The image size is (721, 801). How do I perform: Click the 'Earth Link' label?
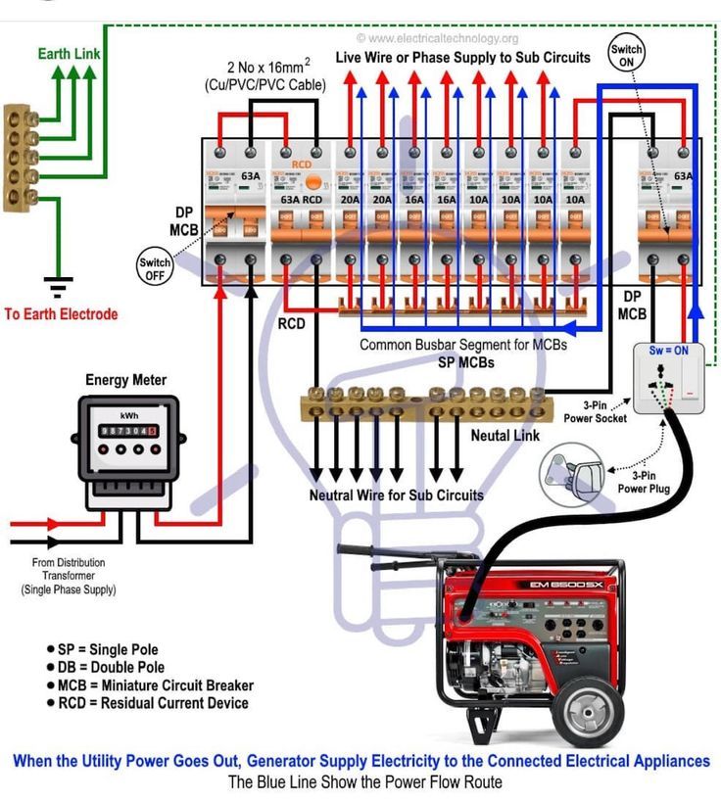[x=69, y=53]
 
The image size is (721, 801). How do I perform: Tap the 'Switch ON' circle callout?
[x=626, y=55]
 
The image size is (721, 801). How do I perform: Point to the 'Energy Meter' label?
[x=125, y=380]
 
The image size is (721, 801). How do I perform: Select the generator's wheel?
[x=590, y=705]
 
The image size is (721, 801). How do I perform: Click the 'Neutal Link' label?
[x=505, y=435]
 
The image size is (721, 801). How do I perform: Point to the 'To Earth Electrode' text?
[x=61, y=314]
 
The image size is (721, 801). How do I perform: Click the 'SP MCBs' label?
[x=465, y=362]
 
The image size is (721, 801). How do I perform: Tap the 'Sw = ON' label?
[x=670, y=350]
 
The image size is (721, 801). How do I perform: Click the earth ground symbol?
[x=60, y=288]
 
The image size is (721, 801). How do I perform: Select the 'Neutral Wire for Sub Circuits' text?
[x=396, y=495]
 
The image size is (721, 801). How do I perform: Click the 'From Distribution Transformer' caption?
[x=69, y=576]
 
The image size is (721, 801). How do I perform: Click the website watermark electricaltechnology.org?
[x=438, y=38]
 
